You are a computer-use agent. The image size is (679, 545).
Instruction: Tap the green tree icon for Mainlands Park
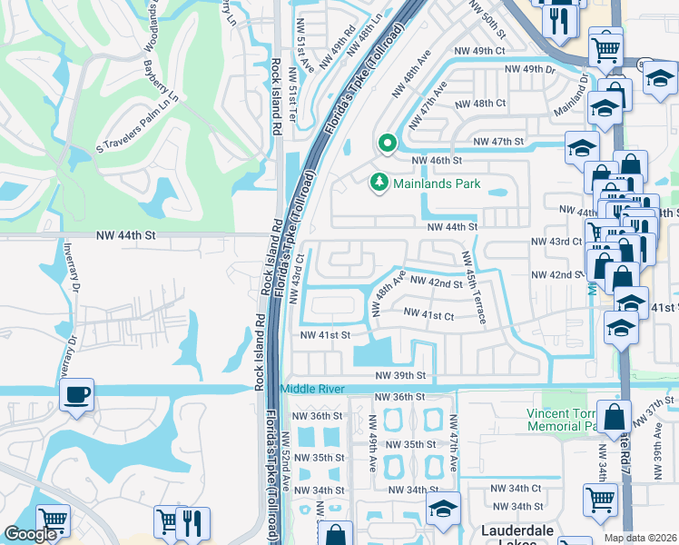point(379,183)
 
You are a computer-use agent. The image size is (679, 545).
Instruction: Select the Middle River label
point(313,389)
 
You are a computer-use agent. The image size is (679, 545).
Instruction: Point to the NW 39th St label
point(402,375)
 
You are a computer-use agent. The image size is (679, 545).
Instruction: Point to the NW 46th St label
point(437,160)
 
